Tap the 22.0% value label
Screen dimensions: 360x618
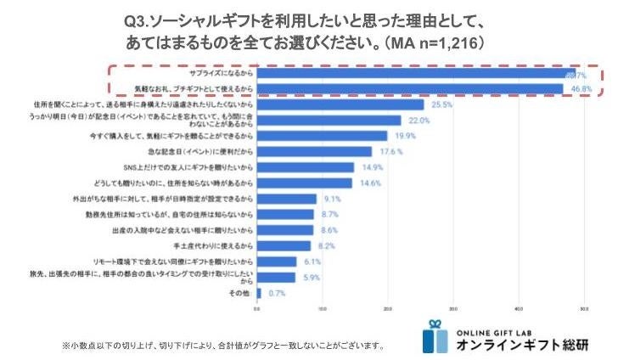pyautogui.click(x=419, y=121)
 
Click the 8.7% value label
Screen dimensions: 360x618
pyautogui.click(x=331, y=215)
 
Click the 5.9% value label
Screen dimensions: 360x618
pyautogui.click(x=311, y=278)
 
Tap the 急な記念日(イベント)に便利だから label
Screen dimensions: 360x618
pyautogui.click(x=206, y=152)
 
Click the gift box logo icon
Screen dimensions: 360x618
pyautogui.click(x=435, y=336)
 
